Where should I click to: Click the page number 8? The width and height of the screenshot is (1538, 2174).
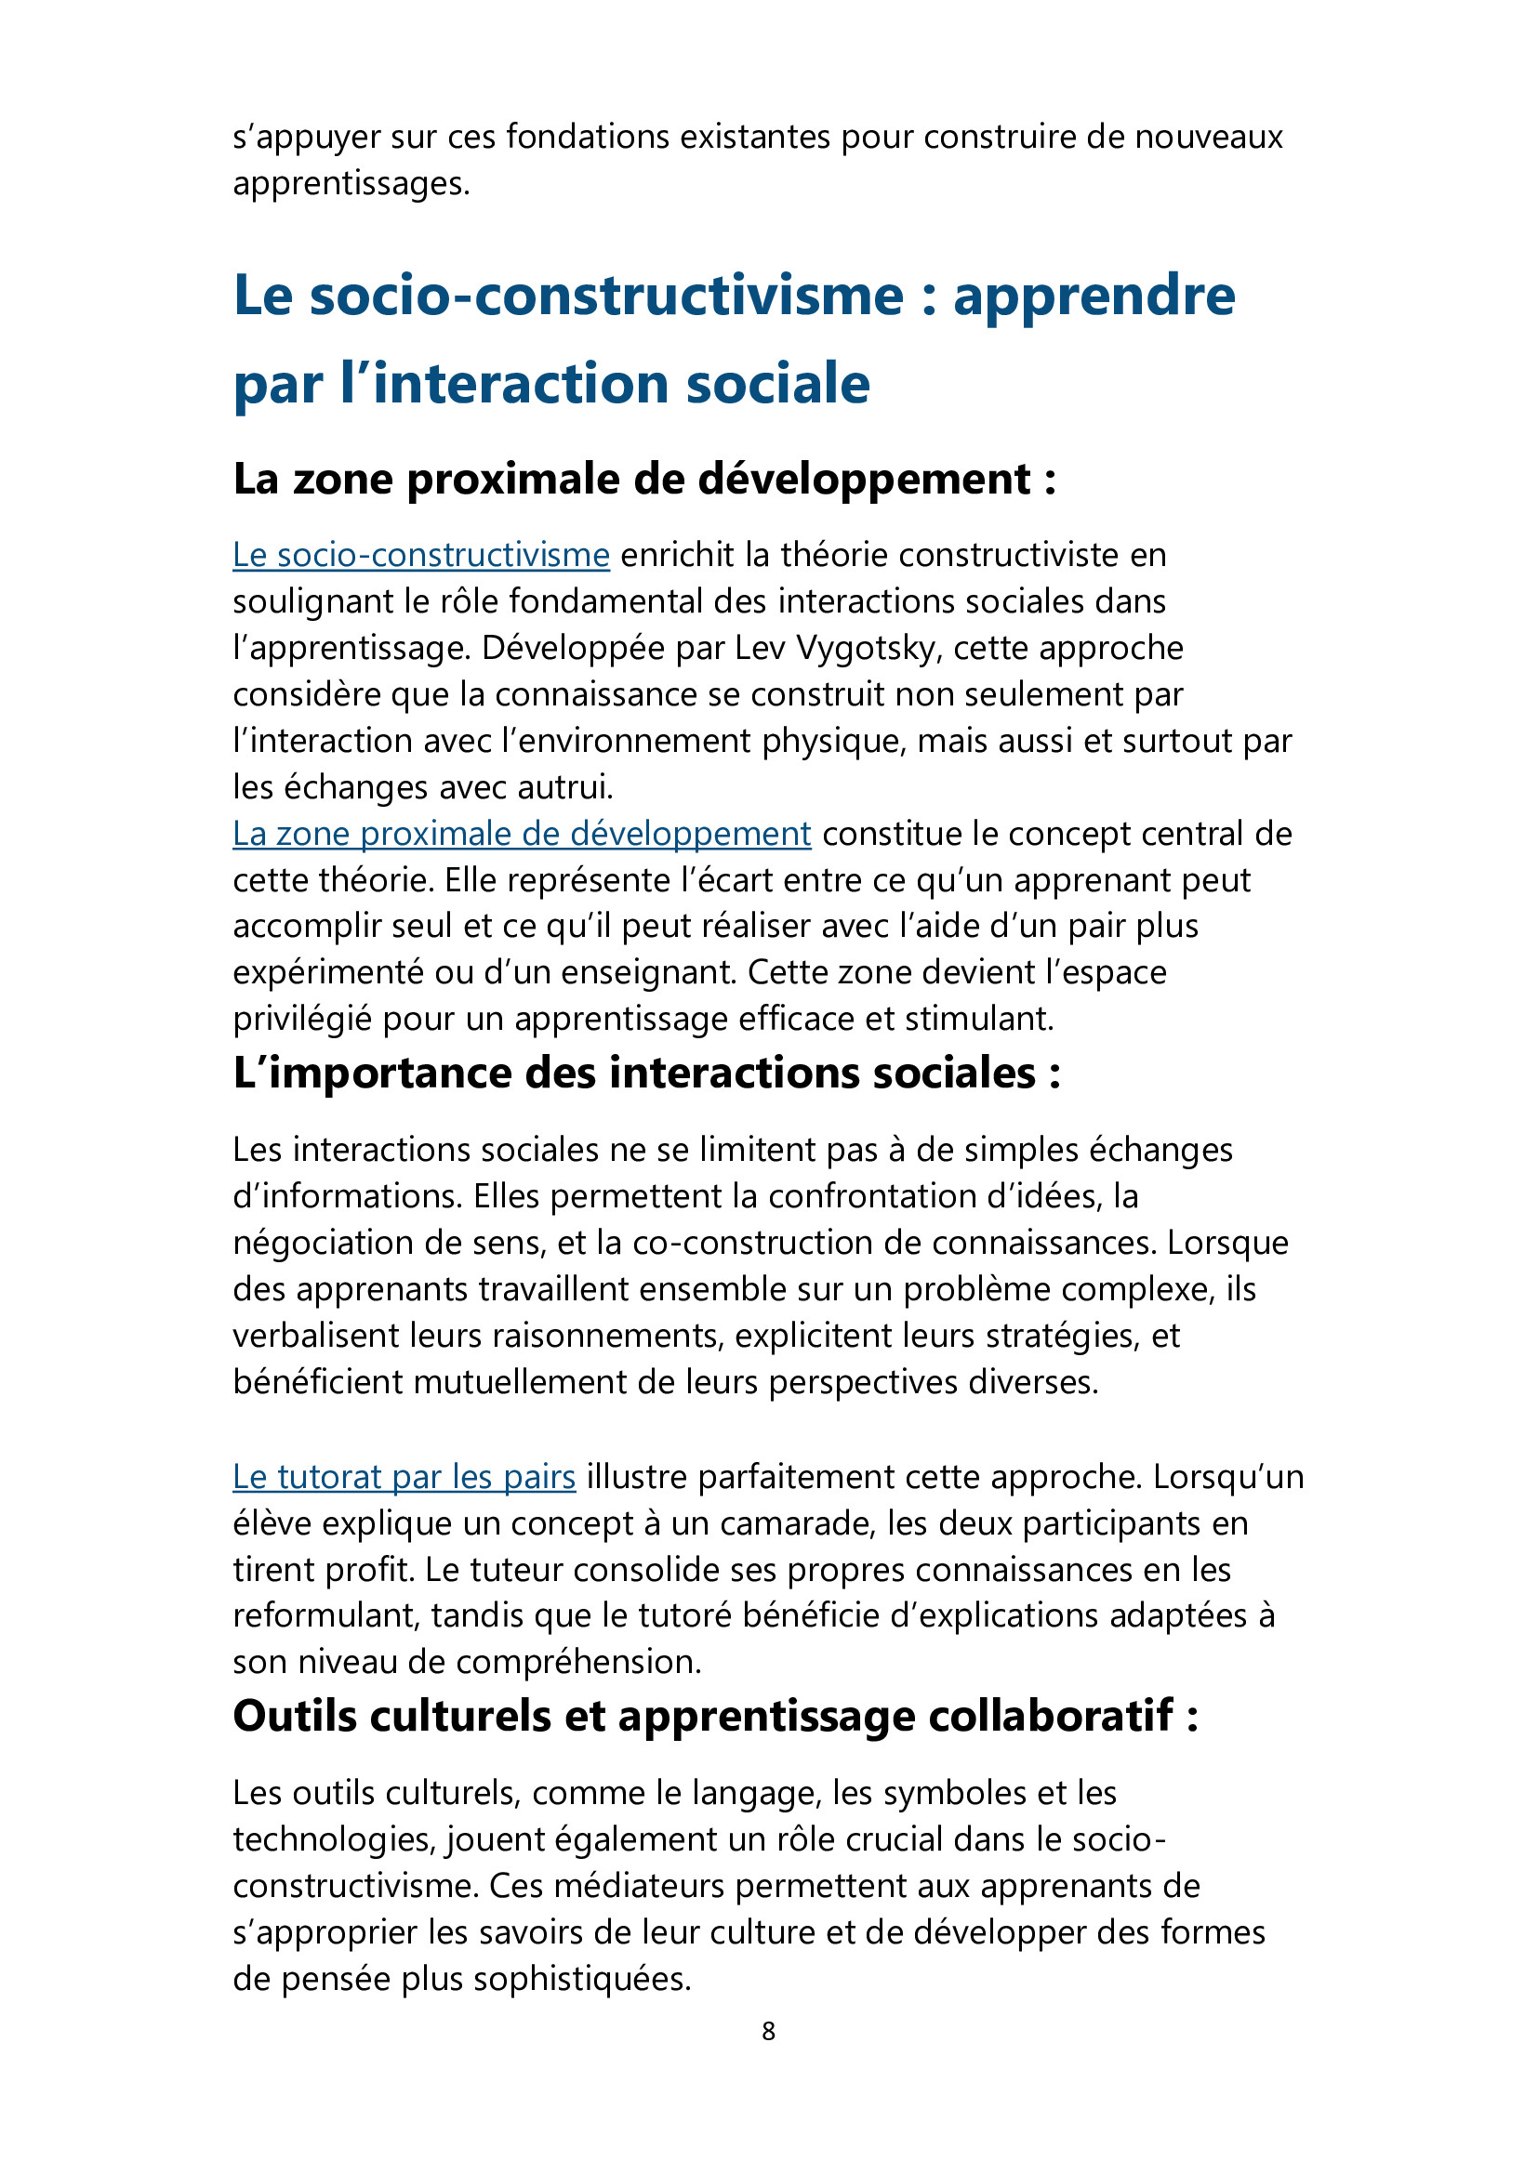point(768,2031)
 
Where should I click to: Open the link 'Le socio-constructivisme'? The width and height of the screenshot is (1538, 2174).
point(420,555)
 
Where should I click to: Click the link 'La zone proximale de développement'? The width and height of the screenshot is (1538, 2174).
point(522,833)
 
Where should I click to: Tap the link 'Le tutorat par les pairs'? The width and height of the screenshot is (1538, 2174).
point(404,1476)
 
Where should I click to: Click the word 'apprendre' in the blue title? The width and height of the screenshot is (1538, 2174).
point(1094,296)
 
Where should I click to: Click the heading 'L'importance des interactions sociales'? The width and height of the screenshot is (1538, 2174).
point(646,1073)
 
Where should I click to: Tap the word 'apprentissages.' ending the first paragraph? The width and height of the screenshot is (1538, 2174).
point(351,183)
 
